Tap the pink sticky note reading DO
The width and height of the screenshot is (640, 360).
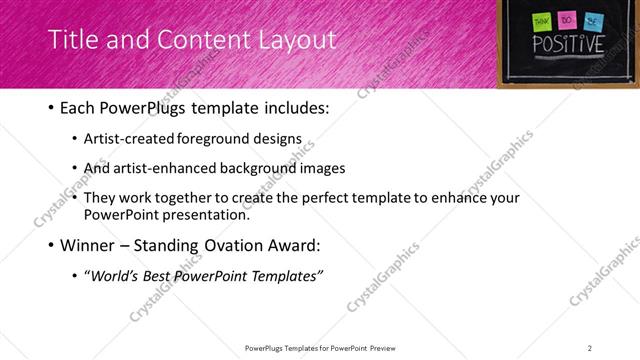pos(567,19)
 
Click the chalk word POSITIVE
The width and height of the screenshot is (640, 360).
pos(567,44)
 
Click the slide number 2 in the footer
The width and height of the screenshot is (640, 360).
pos(590,347)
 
